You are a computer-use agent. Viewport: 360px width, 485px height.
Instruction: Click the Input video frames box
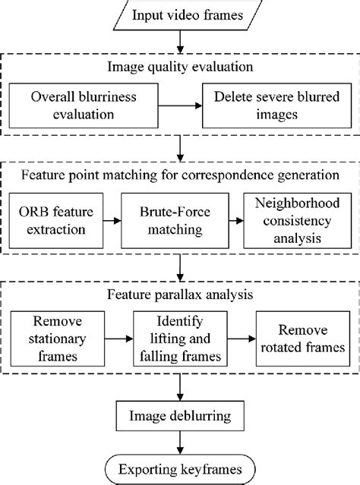click(180, 14)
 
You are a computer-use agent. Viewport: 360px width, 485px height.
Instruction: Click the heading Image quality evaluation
click(180, 67)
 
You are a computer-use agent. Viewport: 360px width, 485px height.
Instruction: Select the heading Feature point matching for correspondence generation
click(180, 175)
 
